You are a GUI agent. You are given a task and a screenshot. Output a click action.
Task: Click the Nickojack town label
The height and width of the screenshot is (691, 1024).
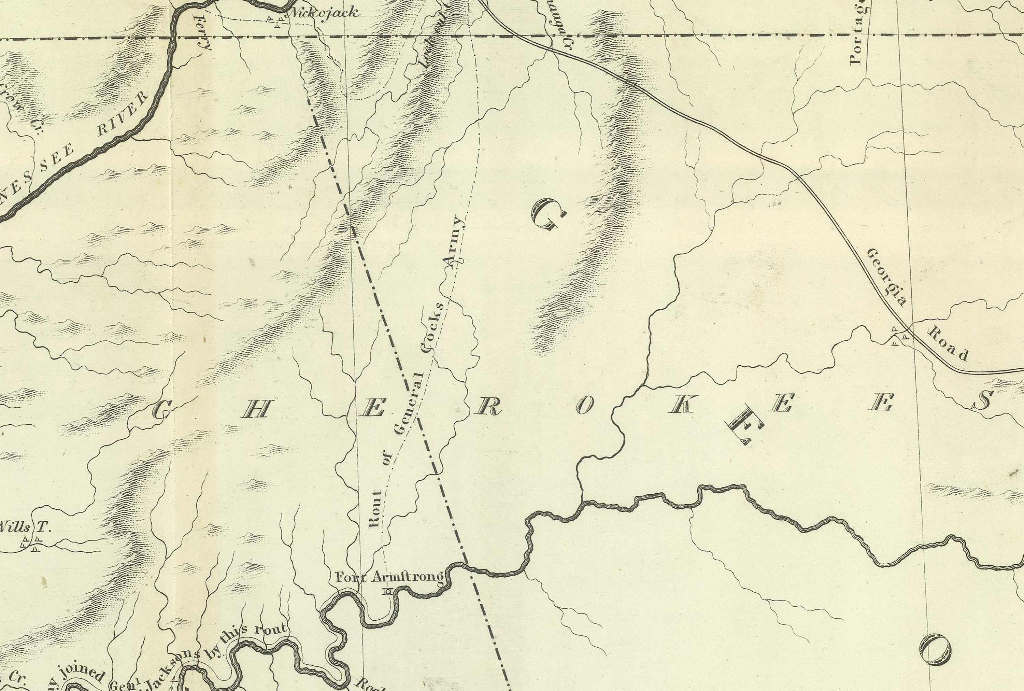pos(323,13)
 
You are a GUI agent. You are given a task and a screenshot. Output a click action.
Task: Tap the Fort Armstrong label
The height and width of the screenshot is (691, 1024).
pos(389,577)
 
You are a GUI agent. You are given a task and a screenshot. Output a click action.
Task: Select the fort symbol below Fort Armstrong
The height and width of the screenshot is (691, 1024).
pos(388,592)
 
